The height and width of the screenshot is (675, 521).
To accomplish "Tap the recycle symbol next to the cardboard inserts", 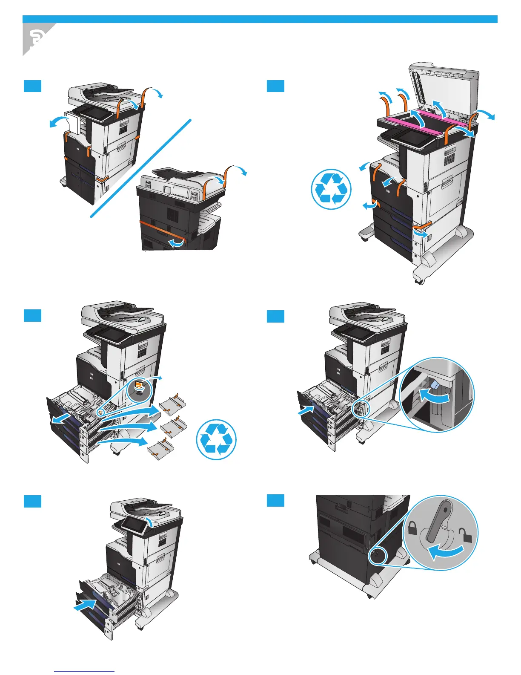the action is tap(216, 439).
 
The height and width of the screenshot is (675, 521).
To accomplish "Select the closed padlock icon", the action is tap(412, 529).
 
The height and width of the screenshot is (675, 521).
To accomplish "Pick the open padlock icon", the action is tap(466, 536).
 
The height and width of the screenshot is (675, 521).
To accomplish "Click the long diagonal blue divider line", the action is tap(141, 169).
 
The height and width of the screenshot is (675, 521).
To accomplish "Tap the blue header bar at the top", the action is tap(260, 19).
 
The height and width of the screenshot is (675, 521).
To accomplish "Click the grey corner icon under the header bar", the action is tap(36, 39).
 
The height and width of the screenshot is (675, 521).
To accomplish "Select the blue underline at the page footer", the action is tap(84, 671).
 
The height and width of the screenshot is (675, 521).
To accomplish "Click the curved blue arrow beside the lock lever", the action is tap(445, 553).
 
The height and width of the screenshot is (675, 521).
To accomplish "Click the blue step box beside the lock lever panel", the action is tap(275, 501).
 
